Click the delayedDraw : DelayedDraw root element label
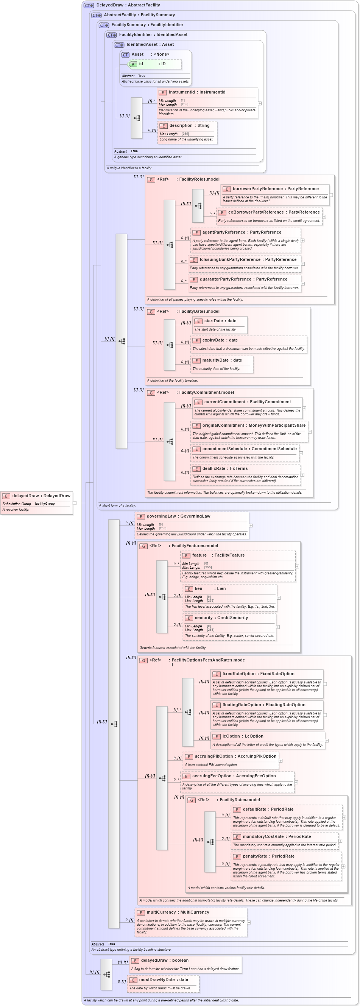41,496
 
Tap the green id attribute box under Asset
154,64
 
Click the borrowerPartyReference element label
275,189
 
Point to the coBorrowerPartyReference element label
274,212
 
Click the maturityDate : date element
222,360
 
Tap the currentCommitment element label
247,402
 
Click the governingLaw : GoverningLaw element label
178,516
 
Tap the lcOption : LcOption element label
243,736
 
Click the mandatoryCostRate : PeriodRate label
276,836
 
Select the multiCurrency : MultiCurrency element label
178,912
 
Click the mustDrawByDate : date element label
163,979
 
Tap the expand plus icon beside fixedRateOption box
325,684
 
